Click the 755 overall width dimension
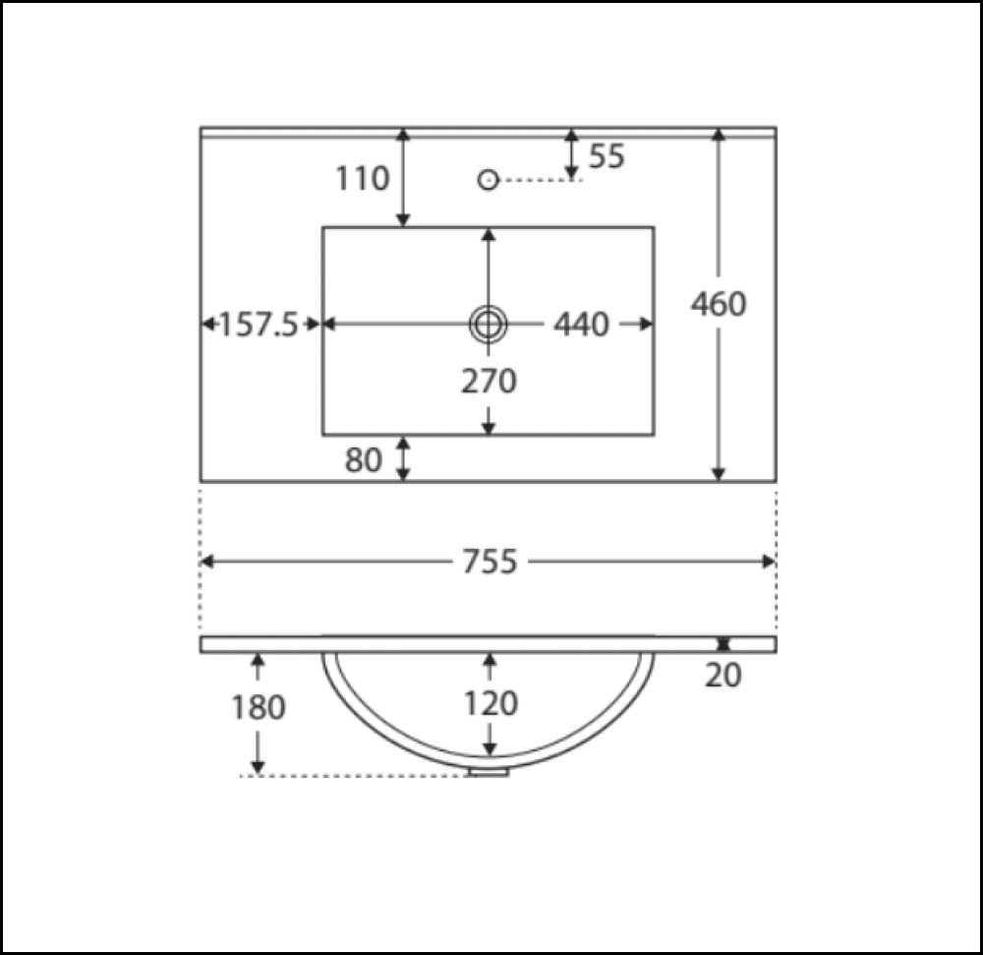pyautogui.click(x=490, y=562)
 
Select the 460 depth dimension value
pyautogui.click(x=719, y=304)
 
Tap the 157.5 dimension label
pyautogui.click(x=259, y=325)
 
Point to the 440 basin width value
pyautogui.click(x=581, y=325)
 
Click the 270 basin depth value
pyautogui.click(x=489, y=382)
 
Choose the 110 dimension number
pyautogui.click(x=363, y=179)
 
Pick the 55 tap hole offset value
pyautogui.click(x=607, y=156)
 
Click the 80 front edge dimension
pyautogui.click(x=363, y=460)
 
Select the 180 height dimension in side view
pyautogui.click(x=259, y=707)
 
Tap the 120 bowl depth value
pyautogui.click(x=491, y=703)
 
